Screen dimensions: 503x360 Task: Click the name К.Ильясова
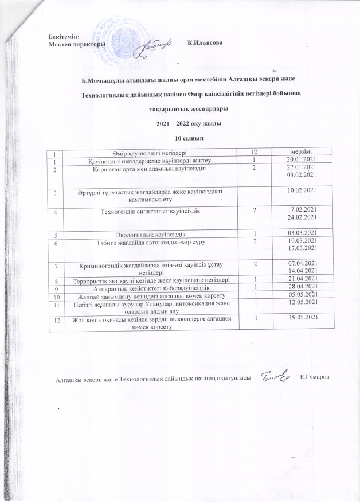click(x=205, y=44)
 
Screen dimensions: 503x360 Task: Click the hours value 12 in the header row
click(x=250, y=151)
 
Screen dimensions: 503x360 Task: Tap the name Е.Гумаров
click(x=318, y=377)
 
